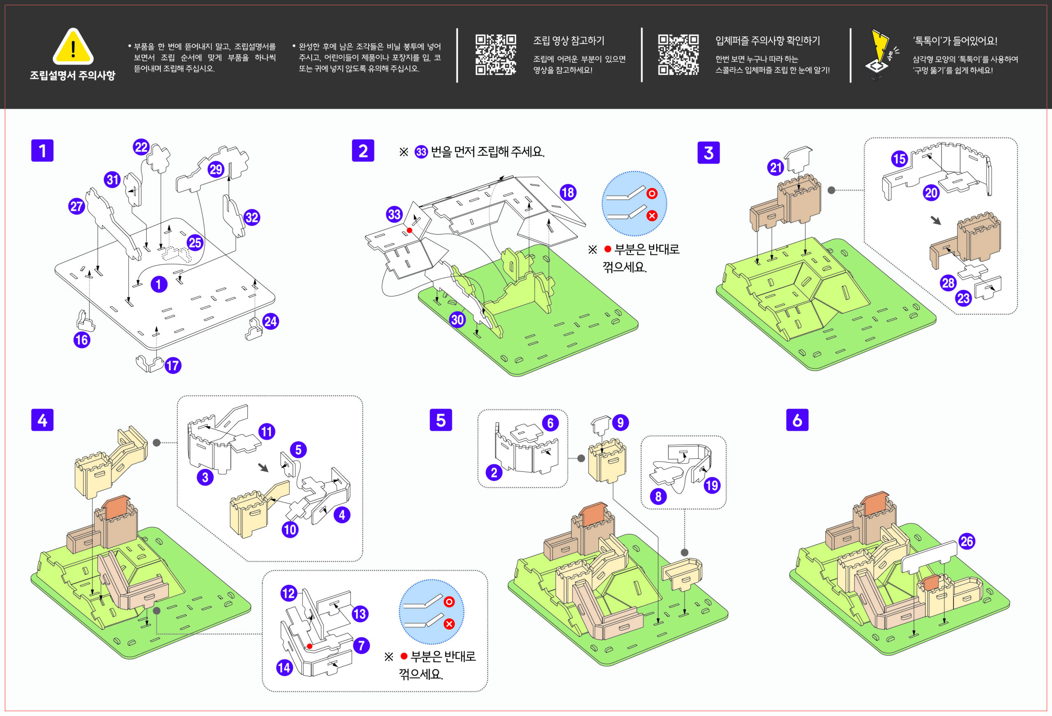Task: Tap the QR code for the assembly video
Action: click(496, 54)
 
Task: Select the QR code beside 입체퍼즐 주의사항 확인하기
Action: click(678, 54)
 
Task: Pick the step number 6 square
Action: click(797, 420)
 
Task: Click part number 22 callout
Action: click(141, 147)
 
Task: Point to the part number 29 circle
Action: click(216, 169)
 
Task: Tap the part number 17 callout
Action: click(173, 365)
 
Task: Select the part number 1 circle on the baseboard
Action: click(159, 284)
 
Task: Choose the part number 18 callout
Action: click(568, 192)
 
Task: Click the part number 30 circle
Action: click(457, 320)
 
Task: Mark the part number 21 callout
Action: click(776, 168)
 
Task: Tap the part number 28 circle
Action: click(948, 283)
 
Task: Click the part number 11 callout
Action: click(267, 431)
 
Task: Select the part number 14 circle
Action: click(284, 667)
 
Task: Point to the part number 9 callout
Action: click(620, 423)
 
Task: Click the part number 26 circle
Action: click(967, 541)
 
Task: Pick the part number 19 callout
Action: click(712, 485)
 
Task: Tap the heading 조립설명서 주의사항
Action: click(72, 75)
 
